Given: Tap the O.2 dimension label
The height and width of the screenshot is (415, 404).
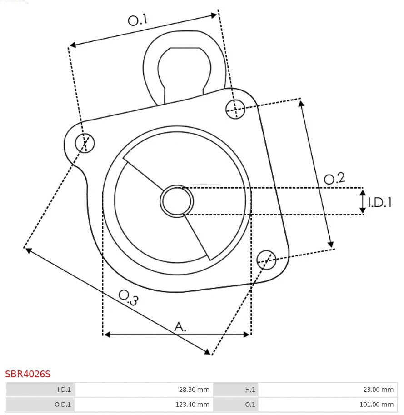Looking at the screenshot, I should pos(334,178).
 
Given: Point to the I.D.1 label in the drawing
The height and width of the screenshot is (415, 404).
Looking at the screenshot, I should pos(380,202).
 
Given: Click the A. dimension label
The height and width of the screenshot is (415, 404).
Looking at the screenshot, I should pos(180,326).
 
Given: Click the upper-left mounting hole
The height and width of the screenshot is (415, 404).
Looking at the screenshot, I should pos(85,143).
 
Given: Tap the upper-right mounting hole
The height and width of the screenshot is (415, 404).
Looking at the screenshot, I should pos(235,109).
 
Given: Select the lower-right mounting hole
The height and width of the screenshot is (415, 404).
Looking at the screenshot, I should pos(266,259).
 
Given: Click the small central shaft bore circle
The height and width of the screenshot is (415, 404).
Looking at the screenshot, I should pos(176,201).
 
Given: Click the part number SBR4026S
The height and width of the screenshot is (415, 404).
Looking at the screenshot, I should pos(28,374).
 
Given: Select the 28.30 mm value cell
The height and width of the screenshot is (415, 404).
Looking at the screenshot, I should pos(144,390).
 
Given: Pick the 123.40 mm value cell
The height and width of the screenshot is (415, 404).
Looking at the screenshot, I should pos(144,404).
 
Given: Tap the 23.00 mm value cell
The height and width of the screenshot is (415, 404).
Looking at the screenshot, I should pos(328,390).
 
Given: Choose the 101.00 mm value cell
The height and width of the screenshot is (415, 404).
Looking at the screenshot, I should pos(328,404).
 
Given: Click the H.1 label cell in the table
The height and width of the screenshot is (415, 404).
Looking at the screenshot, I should pos(236,390).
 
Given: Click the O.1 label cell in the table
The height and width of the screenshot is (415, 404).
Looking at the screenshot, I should pos(236,404).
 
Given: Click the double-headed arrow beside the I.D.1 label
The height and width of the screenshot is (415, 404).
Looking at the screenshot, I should pos(363,201).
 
